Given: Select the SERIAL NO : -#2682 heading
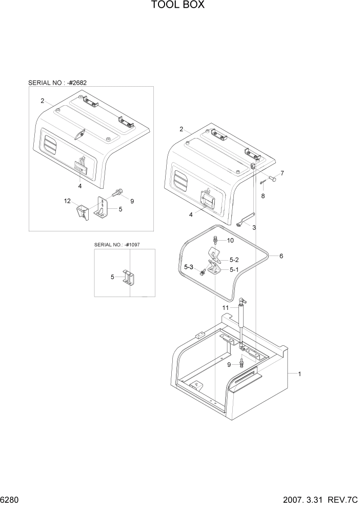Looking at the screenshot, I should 61,82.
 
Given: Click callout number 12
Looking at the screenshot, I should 67,201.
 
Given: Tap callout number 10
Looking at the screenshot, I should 230,240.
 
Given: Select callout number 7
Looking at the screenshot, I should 282,173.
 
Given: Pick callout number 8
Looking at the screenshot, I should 263,195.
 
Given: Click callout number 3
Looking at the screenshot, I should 254,227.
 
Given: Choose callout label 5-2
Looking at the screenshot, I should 234,260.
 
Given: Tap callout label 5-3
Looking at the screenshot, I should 189,267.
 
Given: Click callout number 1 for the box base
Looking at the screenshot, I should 299,374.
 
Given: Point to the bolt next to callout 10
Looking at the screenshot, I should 215,240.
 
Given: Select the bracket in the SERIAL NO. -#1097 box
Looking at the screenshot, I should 128,278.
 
